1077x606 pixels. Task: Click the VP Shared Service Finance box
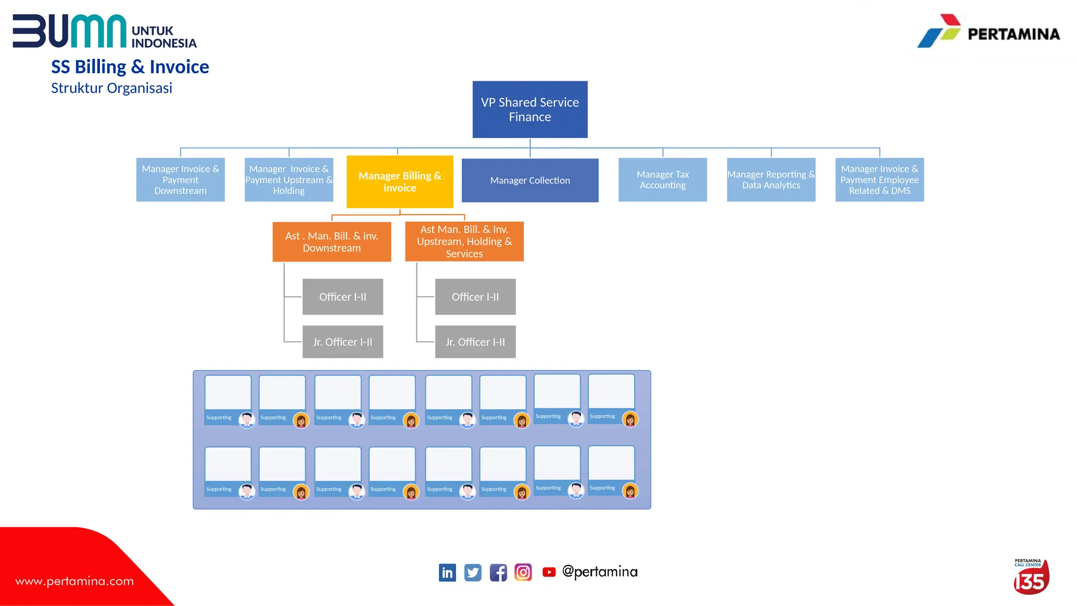click(530, 109)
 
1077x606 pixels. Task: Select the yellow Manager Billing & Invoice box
click(400, 181)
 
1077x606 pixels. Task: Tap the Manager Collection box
click(530, 180)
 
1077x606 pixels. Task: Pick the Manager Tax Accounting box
click(662, 180)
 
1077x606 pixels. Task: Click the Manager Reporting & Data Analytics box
click(770, 180)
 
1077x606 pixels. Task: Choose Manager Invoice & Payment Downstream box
click(180, 180)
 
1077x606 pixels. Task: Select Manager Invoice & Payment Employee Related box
click(879, 180)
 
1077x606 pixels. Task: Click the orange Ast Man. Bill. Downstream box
click(331, 242)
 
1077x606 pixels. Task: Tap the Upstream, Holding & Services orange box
click(464, 241)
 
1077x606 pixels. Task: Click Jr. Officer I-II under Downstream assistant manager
click(342, 342)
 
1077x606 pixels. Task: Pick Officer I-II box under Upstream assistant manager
click(475, 297)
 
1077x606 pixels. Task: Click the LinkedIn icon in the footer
click(447, 572)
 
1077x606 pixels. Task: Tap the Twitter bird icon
click(472, 572)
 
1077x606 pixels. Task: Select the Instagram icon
click(523, 572)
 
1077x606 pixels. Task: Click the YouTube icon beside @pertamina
click(548, 572)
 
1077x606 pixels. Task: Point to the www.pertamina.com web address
click(75, 581)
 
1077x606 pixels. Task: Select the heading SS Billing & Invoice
click(130, 67)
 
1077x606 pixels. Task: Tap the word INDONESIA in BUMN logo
click(164, 43)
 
